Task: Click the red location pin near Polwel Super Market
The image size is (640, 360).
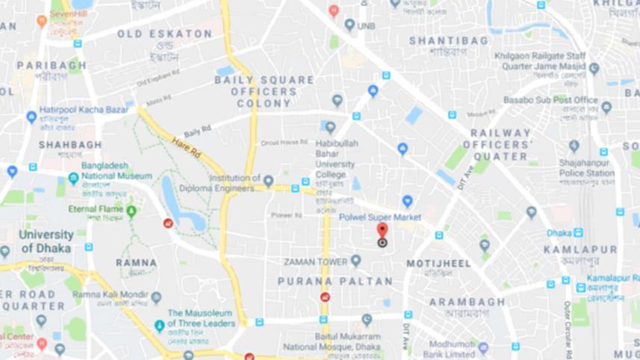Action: click(382, 231)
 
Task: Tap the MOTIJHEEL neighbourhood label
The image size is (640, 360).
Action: click(438, 264)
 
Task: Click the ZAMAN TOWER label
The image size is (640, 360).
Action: click(316, 261)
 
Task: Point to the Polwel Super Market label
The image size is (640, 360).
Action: click(379, 217)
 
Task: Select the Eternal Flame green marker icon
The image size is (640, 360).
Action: click(131, 211)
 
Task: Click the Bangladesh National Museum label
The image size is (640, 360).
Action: click(115, 170)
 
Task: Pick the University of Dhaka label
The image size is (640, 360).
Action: click(46, 241)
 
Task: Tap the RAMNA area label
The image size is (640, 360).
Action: click(136, 263)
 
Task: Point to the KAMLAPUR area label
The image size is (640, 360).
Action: click(580, 249)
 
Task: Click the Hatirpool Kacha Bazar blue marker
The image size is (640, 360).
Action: click(31, 117)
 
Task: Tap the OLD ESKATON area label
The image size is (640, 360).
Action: click(164, 34)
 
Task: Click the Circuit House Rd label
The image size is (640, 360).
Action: click(285, 143)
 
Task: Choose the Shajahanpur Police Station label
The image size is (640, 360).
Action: click(586, 168)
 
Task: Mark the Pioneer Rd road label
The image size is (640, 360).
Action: click(286, 215)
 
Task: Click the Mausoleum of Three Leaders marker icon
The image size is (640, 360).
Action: click(159, 326)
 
